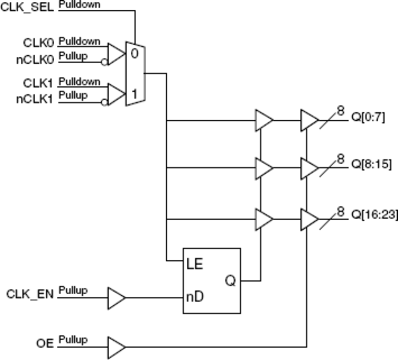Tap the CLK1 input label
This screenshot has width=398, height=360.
(x=39, y=84)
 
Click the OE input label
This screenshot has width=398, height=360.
(x=46, y=342)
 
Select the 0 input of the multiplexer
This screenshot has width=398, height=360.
(x=134, y=54)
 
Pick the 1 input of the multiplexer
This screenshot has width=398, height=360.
(x=134, y=94)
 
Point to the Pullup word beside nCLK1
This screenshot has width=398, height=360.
(x=73, y=94)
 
